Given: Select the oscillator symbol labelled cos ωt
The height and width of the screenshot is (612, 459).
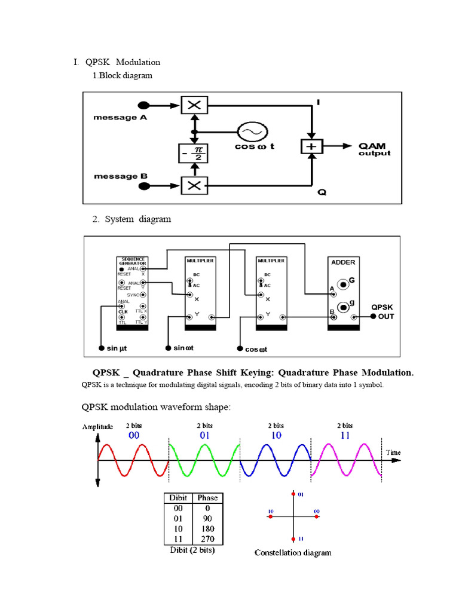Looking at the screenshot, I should [x=249, y=131].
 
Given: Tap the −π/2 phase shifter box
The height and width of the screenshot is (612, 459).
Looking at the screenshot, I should [x=194, y=153].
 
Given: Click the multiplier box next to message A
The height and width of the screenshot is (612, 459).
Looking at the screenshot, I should [x=194, y=106].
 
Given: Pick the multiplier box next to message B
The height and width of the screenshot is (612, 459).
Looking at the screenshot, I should [x=194, y=185].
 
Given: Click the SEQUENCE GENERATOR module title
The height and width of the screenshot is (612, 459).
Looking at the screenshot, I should [x=132, y=261].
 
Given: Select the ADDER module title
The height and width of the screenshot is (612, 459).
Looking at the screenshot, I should [x=343, y=262].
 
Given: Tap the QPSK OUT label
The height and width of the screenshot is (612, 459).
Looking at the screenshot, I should [x=382, y=311].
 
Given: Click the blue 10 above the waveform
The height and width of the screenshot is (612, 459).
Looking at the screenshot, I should [x=276, y=436].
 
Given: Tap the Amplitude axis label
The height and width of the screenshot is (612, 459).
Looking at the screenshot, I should [x=97, y=427].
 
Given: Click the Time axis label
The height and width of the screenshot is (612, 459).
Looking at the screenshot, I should [x=393, y=452].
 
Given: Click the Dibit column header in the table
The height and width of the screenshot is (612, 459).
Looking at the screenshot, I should [x=179, y=497].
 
